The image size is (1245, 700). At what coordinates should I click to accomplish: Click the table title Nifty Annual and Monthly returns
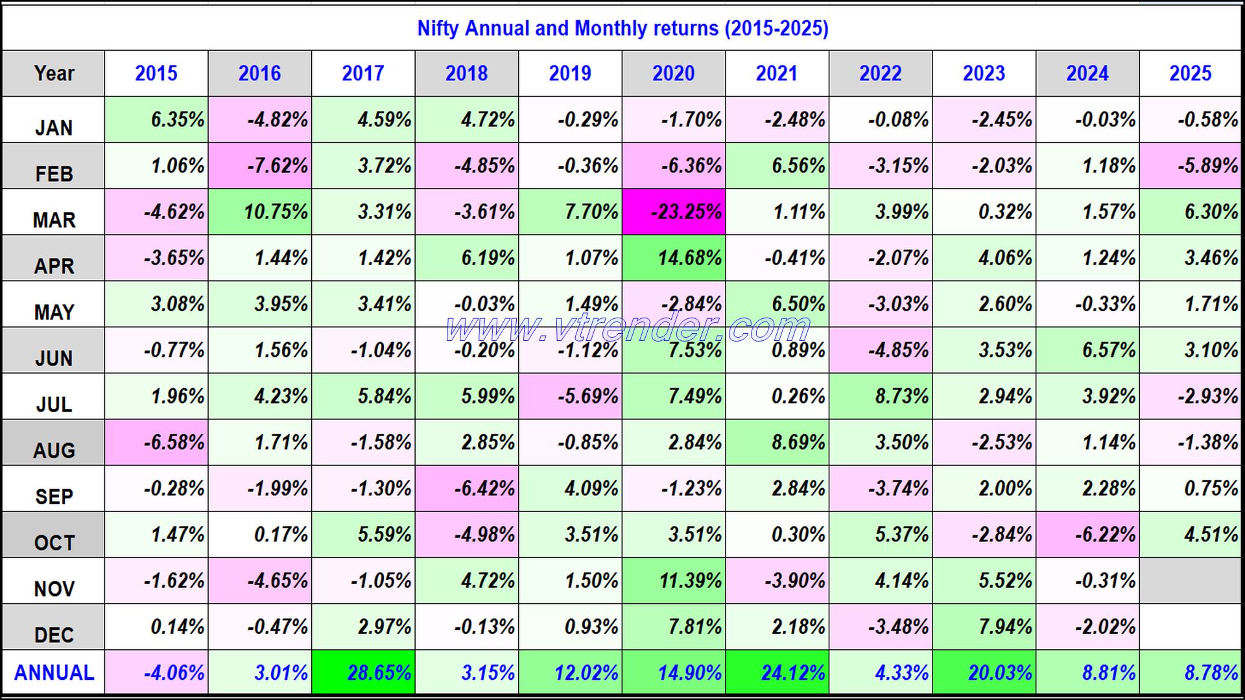pyautogui.click(x=622, y=28)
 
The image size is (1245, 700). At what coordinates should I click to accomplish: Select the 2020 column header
pyautogui.click(x=673, y=73)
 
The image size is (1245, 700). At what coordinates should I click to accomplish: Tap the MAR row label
pyautogui.click(x=54, y=219)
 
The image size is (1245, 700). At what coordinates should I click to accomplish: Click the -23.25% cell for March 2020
pyautogui.click(x=674, y=212)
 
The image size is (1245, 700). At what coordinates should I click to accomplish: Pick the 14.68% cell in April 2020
pyautogui.click(x=674, y=258)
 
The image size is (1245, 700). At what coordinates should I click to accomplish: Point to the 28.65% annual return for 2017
pyautogui.click(x=364, y=673)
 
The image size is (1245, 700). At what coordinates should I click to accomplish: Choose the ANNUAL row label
pyautogui.click(x=54, y=673)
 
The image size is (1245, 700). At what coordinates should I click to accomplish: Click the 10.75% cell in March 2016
pyautogui.click(x=260, y=212)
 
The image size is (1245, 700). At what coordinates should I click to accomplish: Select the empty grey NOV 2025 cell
pyautogui.click(x=1191, y=581)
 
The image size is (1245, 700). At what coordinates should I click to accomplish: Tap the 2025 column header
pyautogui.click(x=1191, y=73)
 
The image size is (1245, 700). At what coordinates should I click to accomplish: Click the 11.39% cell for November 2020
pyautogui.click(x=674, y=581)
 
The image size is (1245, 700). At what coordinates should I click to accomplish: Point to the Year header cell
pyautogui.click(x=54, y=73)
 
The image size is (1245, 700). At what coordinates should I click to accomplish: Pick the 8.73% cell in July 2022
pyautogui.click(x=881, y=396)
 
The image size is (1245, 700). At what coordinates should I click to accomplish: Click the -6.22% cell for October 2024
pyautogui.click(x=1087, y=535)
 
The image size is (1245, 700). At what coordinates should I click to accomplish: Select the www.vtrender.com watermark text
pyautogui.click(x=628, y=327)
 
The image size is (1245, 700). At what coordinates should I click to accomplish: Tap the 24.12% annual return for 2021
pyautogui.click(x=777, y=673)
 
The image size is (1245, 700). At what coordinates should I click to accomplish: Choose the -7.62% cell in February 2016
pyautogui.click(x=260, y=166)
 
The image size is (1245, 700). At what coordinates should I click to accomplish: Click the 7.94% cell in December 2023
pyautogui.click(x=984, y=627)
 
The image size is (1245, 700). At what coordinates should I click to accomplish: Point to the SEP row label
pyautogui.click(x=54, y=496)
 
